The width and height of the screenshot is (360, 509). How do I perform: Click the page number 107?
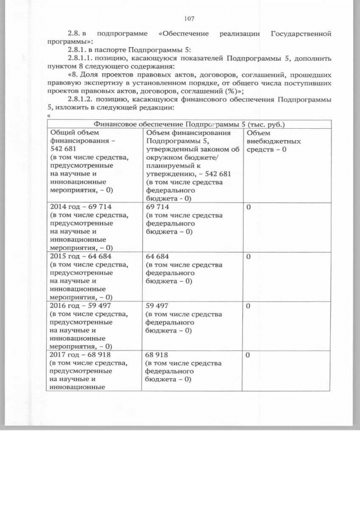click(x=188, y=18)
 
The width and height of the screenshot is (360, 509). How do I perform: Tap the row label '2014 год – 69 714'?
click(x=76, y=207)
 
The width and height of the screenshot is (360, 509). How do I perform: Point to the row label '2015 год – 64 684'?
click(x=76, y=256)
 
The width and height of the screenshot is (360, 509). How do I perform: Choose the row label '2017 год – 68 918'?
click(x=76, y=355)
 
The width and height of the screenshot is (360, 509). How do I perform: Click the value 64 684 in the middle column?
click(x=158, y=256)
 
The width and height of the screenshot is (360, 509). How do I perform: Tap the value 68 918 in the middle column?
click(x=158, y=355)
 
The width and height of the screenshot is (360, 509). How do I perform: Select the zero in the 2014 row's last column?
click(x=248, y=207)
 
